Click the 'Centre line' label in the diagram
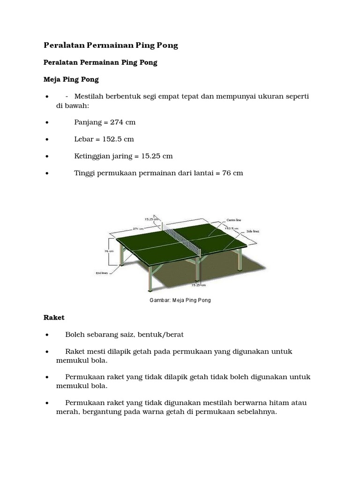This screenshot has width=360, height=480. pos(234,220)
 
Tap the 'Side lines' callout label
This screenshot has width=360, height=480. pos(253,232)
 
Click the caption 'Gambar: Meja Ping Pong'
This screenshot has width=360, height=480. pos(180,300)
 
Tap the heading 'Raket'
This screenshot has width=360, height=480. pos(53,317)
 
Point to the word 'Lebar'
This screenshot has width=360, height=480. pos(84,139)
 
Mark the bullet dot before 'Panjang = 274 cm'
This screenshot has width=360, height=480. pos(47,123)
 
